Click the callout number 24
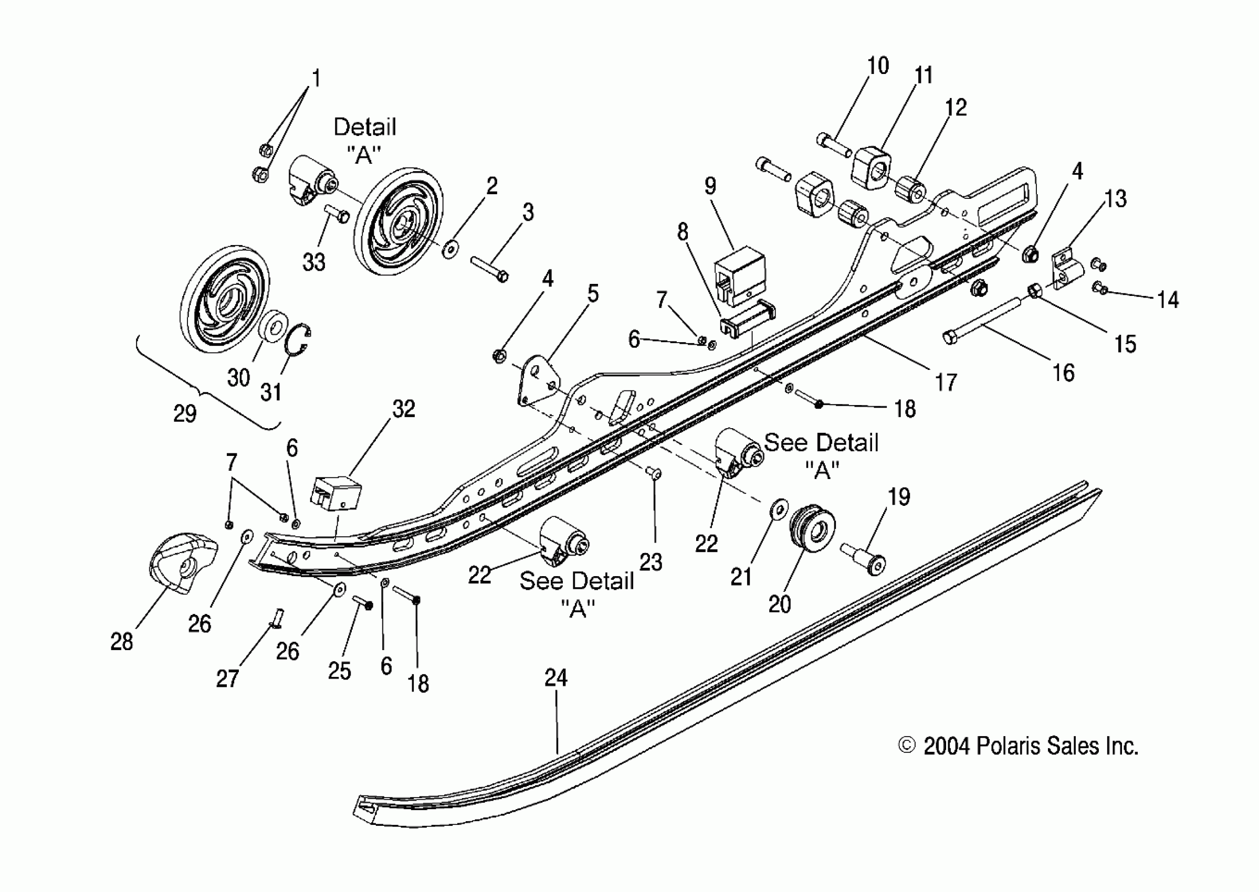click(555, 678)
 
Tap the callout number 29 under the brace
click(185, 413)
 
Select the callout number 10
click(878, 66)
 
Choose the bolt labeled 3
click(489, 268)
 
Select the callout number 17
click(946, 383)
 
